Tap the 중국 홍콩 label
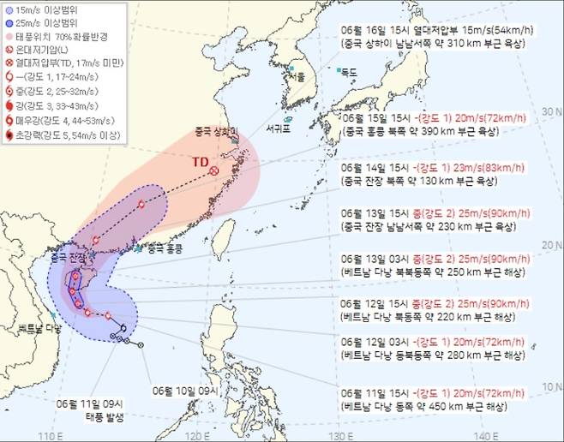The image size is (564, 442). [x=165, y=250]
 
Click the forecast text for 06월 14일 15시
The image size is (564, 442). [x=431, y=166]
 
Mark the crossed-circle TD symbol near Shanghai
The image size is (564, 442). [x=213, y=171]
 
